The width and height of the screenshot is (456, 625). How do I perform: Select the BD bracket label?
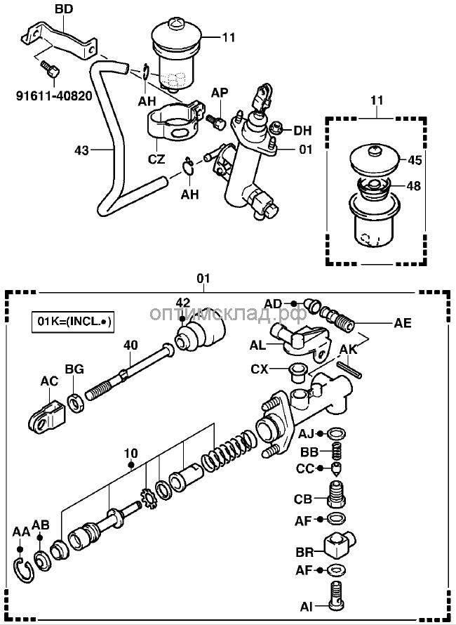tap(64, 9)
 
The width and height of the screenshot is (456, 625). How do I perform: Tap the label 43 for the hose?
tap(81, 149)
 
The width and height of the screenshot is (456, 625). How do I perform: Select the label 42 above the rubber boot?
tap(183, 303)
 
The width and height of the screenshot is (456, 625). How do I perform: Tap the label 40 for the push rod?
tap(130, 345)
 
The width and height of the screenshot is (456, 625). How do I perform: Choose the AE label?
tap(402, 323)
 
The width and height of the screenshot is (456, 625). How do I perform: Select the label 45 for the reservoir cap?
tap(415, 159)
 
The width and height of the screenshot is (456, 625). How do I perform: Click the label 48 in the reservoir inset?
tap(415, 187)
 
